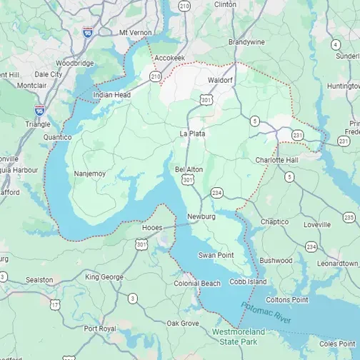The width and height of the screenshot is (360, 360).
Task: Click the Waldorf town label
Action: tap(221, 80)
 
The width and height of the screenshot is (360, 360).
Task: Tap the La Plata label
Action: tap(192, 133)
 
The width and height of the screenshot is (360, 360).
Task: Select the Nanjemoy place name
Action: tap(90, 173)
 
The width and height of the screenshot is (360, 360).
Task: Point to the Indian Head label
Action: tap(112, 94)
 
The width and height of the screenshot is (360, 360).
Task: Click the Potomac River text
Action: tap(266, 314)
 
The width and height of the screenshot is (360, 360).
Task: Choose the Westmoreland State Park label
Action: tap(239, 336)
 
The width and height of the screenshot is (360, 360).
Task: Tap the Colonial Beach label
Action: tap(197, 284)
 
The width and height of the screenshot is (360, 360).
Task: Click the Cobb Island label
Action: tap(248, 281)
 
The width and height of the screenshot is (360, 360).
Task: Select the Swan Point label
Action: tap(216, 255)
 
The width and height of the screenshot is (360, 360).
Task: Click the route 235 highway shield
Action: tap(349, 217)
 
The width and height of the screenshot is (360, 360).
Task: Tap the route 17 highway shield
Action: tap(55, 305)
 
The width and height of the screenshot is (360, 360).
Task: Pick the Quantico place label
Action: tap(58, 136)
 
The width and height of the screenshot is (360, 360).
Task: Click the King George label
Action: tap(104, 276)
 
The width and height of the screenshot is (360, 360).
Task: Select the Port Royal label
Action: tap(100, 329)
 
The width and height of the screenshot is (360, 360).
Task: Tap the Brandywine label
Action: tap(246, 42)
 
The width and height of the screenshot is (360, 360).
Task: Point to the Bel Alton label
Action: tap(189, 169)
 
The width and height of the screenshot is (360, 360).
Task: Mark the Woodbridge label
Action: tap(75, 63)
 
